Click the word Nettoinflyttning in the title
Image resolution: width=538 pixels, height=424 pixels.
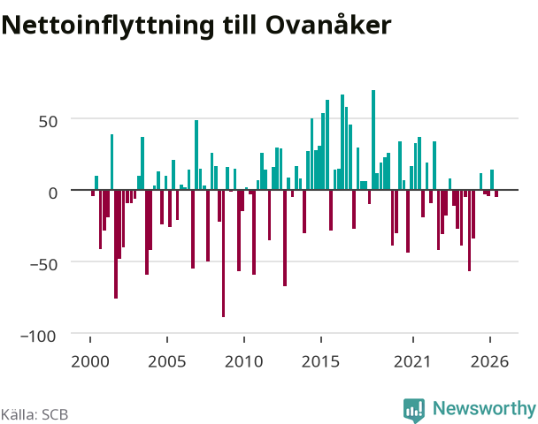[108, 26]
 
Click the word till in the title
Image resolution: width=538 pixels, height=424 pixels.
[240, 24]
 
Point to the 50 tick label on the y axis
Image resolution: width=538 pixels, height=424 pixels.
[48, 122]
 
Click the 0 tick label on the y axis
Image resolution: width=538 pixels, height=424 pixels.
[53, 193]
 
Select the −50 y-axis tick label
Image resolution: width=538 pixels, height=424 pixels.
[42, 265]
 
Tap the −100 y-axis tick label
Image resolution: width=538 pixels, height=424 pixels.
[38, 337]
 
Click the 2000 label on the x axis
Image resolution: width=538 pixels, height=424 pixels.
[90, 361]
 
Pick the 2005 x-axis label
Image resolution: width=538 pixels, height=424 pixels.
[166, 361]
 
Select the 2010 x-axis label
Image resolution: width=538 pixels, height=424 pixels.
[243, 361]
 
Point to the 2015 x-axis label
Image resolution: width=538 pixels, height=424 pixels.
[320, 361]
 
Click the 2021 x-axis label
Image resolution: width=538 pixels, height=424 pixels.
[412, 361]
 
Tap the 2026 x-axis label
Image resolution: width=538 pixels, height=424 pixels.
[489, 361]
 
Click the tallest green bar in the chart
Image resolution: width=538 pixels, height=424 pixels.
[373, 140]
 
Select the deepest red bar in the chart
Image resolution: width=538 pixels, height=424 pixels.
[223, 254]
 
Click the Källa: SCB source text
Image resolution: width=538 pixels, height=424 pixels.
[35, 414]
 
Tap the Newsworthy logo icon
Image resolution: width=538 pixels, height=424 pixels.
[414, 410]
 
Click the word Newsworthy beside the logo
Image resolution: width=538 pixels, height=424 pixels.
[485, 408]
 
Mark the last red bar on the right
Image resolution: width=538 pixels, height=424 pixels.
[496, 193]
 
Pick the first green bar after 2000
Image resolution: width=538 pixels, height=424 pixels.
[96, 183]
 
